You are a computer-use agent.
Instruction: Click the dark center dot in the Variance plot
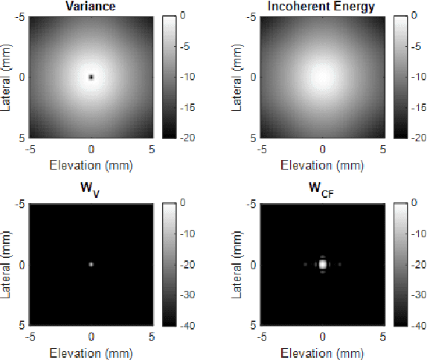pyautogui.click(x=91, y=77)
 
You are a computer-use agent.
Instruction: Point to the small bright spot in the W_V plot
pyautogui.click(x=91, y=264)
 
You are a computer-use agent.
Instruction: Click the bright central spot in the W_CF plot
pyautogui.click(x=322, y=264)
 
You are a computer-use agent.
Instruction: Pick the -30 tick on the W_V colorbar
pyautogui.click(x=190, y=296)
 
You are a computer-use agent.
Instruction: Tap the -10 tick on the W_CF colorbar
pyautogui.click(x=420, y=234)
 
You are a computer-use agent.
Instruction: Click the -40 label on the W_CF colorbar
pyautogui.click(x=420, y=327)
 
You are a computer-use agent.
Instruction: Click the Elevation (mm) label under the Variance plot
pyautogui.click(x=91, y=165)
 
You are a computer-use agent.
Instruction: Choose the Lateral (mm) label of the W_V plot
pyautogui.click(x=7, y=264)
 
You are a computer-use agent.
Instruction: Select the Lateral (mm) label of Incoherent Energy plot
pyautogui.click(x=238, y=77)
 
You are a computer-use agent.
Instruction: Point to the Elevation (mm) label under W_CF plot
pyautogui.click(x=322, y=353)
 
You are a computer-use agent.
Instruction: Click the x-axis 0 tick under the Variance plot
pyautogui.click(x=91, y=150)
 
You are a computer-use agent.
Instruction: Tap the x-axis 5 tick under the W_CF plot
pyautogui.click(x=384, y=337)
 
